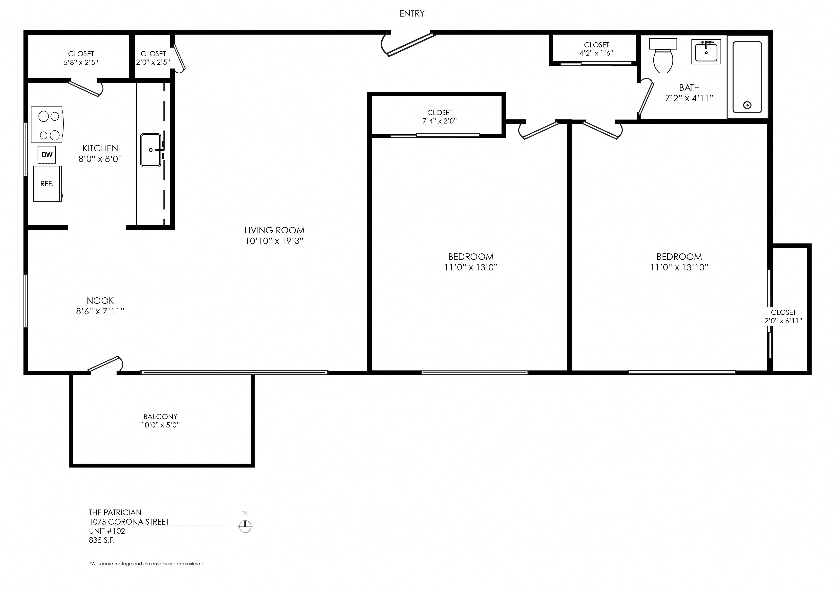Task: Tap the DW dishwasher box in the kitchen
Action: click(x=47, y=155)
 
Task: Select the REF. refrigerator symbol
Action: click(x=47, y=184)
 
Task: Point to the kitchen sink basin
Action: click(x=151, y=150)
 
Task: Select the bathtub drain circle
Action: click(x=747, y=105)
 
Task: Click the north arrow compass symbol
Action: click(x=245, y=527)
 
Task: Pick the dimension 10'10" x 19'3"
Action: click(x=274, y=241)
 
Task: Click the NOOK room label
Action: click(x=100, y=301)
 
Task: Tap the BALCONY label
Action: click(x=160, y=416)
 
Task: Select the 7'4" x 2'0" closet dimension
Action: click(x=440, y=121)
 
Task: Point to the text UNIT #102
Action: click(x=107, y=531)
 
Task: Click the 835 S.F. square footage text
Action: click(x=102, y=540)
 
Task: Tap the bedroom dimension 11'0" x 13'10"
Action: click(x=679, y=267)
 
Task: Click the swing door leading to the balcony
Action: click(x=104, y=364)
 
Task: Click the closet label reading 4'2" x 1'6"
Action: click(x=596, y=53)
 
